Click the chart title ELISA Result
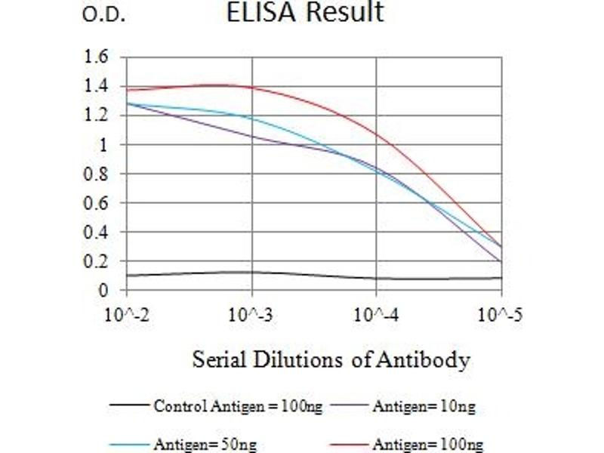[x=305, y=13]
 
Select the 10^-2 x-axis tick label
[x=128, y=313]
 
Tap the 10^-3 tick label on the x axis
[x=252, y=313]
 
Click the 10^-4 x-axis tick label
[x=377, y=313]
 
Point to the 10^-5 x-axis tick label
[x=501, y=313]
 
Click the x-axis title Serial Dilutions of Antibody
[x=331, y=359]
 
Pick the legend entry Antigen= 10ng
[x=424, y=407]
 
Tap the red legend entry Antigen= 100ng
[x=427, y=445]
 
